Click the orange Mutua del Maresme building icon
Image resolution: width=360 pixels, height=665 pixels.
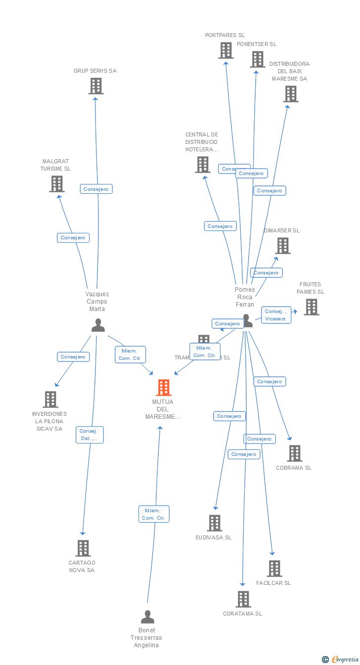tap(164, 388)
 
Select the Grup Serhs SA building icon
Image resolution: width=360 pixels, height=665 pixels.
tap(96, 86)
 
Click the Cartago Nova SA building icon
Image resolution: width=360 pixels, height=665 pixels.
tap(83, 548)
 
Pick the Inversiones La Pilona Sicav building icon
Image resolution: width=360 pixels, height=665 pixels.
tap(50, 399)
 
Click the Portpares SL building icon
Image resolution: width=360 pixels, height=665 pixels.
tap(226, 50)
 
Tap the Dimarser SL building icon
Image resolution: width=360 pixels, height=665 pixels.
tap(283, 246)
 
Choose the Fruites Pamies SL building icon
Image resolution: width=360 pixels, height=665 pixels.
tap(311, 307)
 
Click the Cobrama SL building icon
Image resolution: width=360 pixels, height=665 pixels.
tap(295, 453)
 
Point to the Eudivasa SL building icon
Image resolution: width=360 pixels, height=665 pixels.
tap(215, 523)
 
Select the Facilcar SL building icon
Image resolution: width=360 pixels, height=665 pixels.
tap(274, 569)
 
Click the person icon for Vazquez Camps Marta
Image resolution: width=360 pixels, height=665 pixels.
tap(98, 325)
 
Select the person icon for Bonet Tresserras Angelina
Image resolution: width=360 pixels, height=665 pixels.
tap(147, 617)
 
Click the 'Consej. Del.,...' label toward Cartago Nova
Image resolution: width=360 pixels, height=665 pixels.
tap(90, 435)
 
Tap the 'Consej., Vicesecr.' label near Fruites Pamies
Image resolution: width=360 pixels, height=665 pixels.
tap(276, 315)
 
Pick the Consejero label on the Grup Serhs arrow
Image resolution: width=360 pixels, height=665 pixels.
tap(96, 189)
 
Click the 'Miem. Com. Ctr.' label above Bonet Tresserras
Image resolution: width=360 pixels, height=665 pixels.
tap(154, 514)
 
